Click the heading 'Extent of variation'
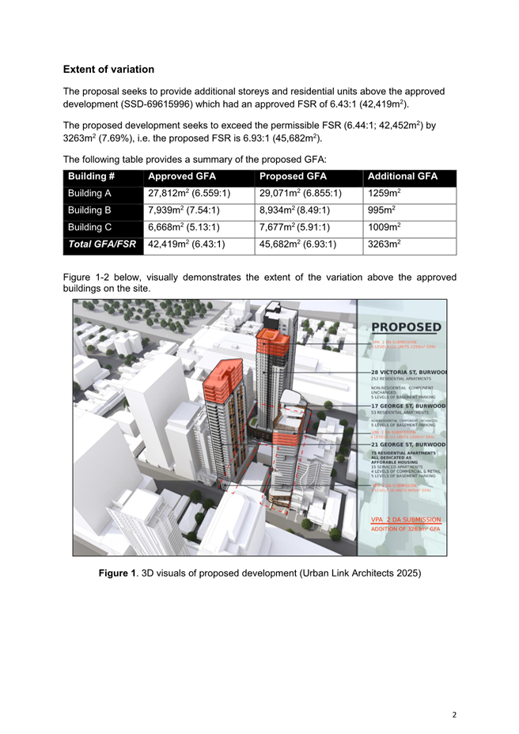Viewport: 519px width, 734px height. coord(108,70)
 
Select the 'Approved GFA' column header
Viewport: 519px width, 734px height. coord(183,176)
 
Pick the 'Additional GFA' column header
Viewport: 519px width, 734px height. coord(402,176)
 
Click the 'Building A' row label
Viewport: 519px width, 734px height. coord(89,193)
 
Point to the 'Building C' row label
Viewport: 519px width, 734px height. coord(89,227)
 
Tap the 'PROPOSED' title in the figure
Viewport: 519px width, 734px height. coord(406,327)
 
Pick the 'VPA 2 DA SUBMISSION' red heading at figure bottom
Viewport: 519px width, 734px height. coord(406,519)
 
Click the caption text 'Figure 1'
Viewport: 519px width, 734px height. coord(117,572)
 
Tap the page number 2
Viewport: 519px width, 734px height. coord(454,715)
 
